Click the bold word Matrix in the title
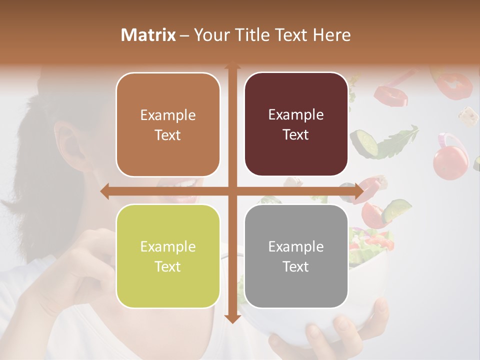coord(148,35)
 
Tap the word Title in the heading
coord(259,35)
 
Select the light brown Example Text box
coord(168,124)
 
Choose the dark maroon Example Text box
coord(296,124)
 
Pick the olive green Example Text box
coord(168,256)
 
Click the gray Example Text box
coord(296,256)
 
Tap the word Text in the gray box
coord(296,266)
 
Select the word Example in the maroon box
coord(296,114)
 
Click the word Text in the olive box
coord(168,266)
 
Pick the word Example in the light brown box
coord(168,115)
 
